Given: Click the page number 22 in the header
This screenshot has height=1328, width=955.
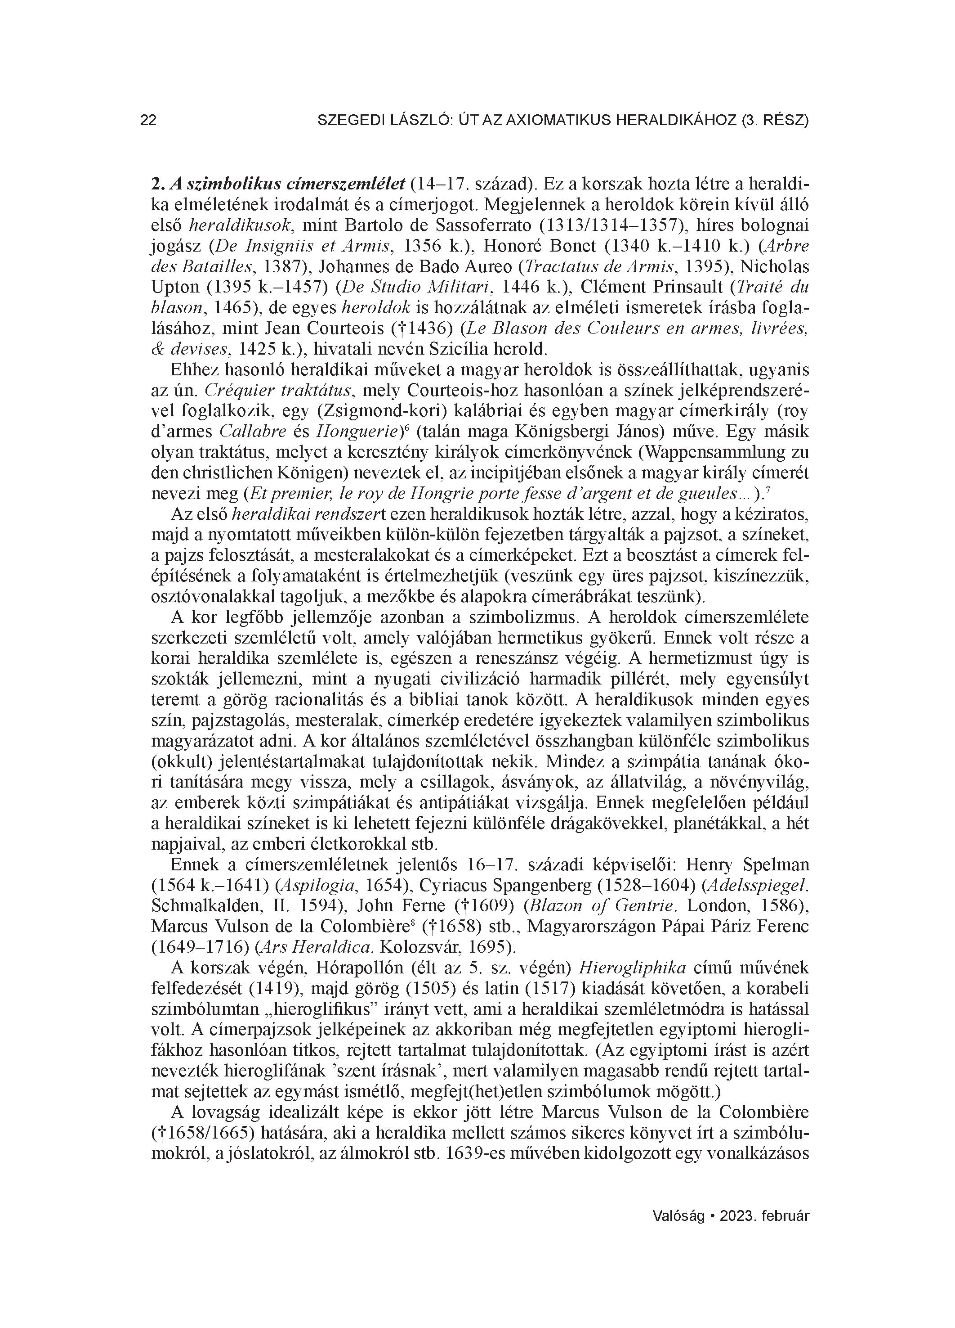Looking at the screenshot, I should pos(149,121).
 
